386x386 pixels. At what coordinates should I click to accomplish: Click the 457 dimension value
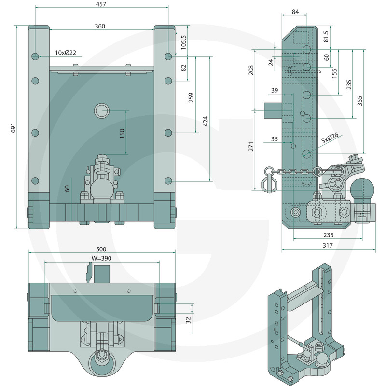coord(101,4)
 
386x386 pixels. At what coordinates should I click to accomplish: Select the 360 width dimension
coord(100,26)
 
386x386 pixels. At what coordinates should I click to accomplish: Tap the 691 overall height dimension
coord(14,128)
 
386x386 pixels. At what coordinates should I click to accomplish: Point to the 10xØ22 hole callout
coord(66,53)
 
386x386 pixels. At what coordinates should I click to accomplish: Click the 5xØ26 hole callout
coord(330,138)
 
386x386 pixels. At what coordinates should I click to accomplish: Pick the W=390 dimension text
coord(101,258)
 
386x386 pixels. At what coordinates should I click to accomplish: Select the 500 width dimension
coord(101,249)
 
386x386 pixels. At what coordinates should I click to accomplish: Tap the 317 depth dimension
coord(328,245)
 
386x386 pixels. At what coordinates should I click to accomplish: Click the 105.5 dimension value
coord(184,42)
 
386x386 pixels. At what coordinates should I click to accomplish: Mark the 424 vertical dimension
coord(206,121)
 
